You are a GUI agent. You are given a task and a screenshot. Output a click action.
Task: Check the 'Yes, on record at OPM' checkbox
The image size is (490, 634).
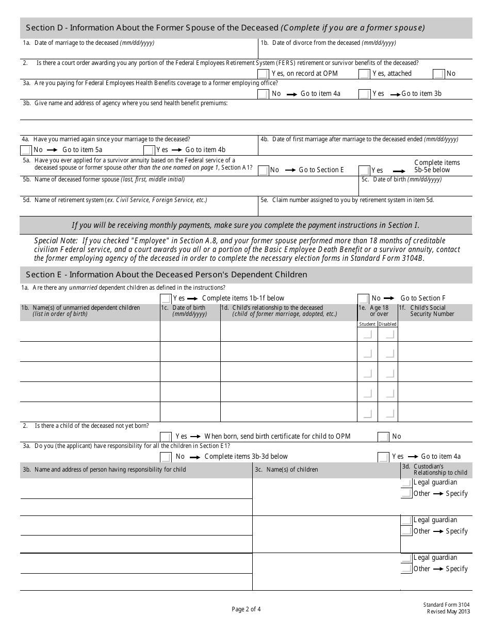point(263,74)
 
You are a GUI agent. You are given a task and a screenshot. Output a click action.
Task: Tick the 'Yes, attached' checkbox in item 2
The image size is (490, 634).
point(364,74)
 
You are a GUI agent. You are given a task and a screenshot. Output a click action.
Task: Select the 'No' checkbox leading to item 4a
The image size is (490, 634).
point(263,94)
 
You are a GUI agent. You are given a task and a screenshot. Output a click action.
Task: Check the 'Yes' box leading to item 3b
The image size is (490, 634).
point(364,94)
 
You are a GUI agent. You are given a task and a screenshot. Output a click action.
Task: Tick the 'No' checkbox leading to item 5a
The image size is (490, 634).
point(26,150)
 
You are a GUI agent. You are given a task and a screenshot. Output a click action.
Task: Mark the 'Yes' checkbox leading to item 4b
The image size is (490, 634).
point(149,150)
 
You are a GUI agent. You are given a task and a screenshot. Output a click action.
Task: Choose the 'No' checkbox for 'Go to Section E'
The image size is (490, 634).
point(263,170)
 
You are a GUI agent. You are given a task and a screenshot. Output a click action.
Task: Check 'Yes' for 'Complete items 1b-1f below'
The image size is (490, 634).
point(166,298)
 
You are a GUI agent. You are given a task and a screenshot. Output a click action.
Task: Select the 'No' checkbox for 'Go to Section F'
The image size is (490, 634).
point(363,298)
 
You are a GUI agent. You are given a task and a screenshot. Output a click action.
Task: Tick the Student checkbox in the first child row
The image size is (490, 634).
point(367,334)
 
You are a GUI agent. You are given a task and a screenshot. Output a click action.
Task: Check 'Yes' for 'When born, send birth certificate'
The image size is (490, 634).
point(166,437)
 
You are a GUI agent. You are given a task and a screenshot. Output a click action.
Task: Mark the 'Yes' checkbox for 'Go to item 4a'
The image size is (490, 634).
point(383,457)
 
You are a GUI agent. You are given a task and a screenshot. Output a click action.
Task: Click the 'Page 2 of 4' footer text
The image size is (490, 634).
point(246,609)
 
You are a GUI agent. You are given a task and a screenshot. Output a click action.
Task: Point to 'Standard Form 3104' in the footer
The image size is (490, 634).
point(447,605)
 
